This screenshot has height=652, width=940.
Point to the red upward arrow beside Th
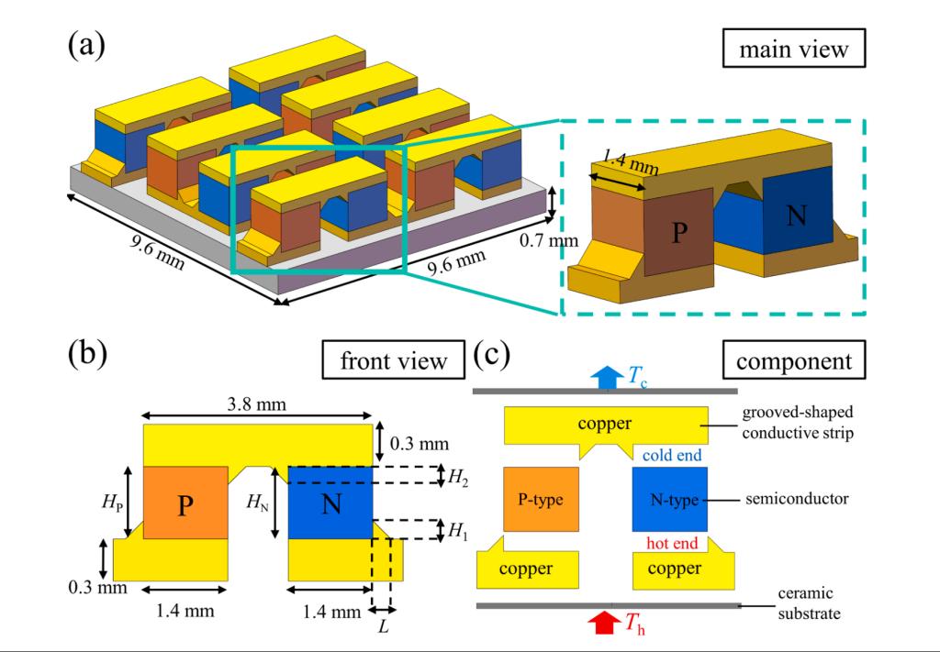603,624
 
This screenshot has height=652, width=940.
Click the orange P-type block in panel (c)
541,499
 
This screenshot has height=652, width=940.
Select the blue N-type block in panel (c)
669,499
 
